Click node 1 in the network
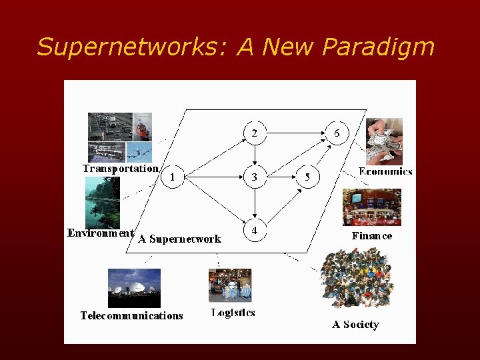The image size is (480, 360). point(173,177)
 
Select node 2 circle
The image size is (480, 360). point(254,133)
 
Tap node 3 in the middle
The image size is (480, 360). point(254,177)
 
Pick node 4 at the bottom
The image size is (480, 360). point(254,230)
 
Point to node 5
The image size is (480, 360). point(307,177)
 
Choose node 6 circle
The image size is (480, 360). point(337,133)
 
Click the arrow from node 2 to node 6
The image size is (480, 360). point(295,133)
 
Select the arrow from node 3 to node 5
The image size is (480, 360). point(281,177)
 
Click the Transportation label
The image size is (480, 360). point(121,169)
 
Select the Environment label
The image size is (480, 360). point(101,233)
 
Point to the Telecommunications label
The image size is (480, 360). point(131,315)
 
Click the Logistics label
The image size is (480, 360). point(233,312)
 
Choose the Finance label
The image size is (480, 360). point(372,236)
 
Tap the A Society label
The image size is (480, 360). point(355,325)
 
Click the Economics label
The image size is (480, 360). point(385,171)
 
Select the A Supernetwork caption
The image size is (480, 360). point(179,239)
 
